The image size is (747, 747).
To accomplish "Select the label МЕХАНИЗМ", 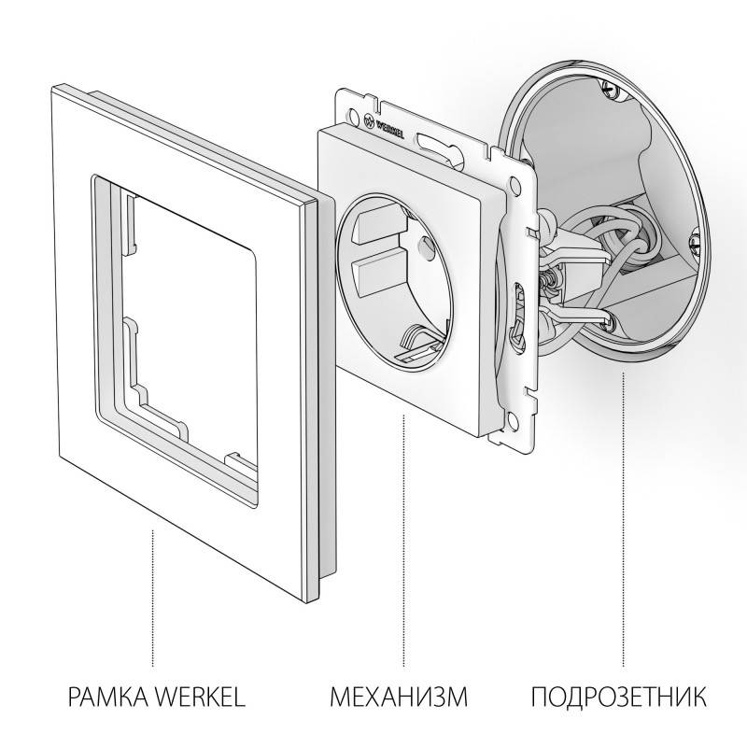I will pos(398,697).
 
